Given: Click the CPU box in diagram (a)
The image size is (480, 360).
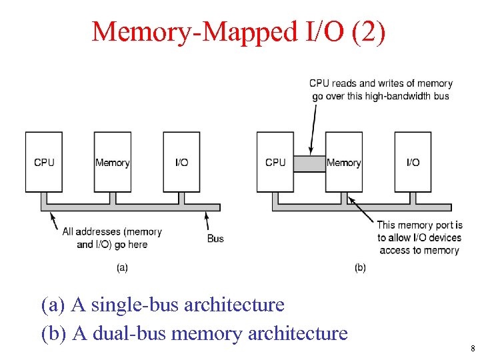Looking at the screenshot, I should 44,162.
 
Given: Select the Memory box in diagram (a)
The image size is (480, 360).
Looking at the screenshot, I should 112,162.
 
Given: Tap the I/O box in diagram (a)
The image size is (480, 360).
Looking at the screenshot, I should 181,162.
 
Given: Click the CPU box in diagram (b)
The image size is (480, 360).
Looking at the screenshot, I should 275,162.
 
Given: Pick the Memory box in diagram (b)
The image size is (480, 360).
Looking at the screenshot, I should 344,162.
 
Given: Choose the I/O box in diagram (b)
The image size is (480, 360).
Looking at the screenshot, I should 413,162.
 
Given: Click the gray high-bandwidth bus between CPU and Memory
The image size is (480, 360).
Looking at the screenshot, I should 309,163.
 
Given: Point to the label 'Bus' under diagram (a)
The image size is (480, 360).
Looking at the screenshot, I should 215,238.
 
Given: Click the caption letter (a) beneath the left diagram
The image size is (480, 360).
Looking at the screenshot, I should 123,267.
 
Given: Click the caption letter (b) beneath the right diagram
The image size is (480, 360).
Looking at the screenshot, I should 360,267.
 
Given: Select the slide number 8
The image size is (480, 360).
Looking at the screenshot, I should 472,348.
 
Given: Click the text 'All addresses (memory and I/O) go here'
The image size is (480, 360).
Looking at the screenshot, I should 112,238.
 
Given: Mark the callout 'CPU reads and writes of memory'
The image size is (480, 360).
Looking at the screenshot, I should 381,83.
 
